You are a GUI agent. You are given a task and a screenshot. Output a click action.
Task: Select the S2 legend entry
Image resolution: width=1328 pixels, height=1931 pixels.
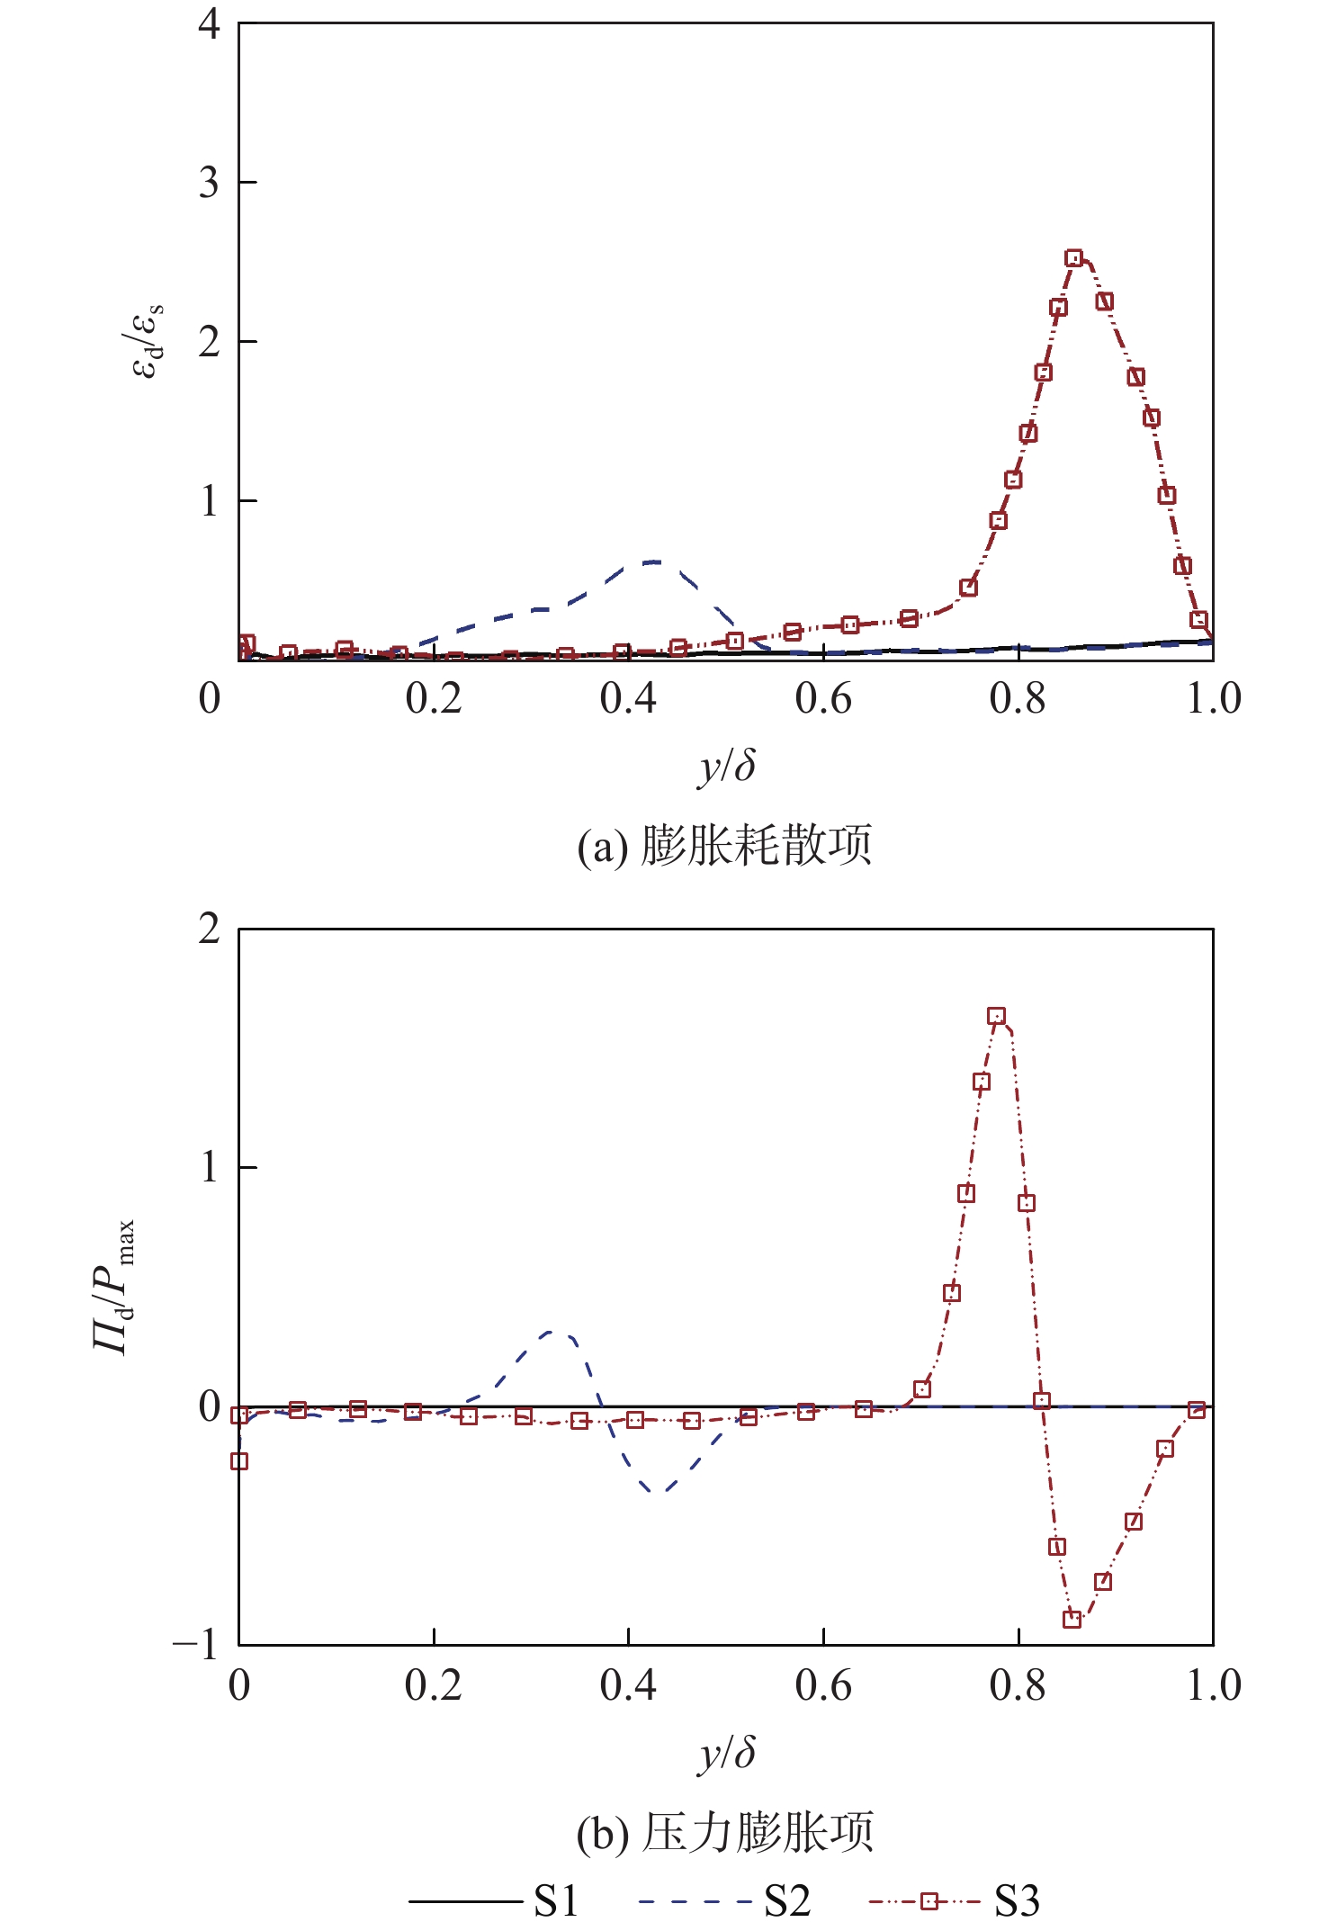tap(724, 1900)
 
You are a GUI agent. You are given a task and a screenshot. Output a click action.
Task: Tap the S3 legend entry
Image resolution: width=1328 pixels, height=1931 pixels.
tap(955, 1900)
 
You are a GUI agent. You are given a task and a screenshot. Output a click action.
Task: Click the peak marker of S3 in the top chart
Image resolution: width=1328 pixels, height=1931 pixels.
tap(1073, 258)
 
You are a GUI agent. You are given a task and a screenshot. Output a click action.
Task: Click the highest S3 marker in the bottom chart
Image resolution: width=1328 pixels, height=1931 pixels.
tap(996, 1016)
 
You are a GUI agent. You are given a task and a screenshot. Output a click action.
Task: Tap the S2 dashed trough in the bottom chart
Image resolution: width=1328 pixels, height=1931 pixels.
tap(658, 1493)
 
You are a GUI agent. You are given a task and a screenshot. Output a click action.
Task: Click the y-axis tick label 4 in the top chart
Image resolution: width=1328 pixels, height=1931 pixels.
tap(209, 23)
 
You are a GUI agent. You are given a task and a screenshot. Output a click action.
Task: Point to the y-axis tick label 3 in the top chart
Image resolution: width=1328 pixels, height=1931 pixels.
tap(209, 183)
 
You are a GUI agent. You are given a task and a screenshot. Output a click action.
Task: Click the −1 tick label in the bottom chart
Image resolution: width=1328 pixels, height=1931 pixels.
tap(196, 1644)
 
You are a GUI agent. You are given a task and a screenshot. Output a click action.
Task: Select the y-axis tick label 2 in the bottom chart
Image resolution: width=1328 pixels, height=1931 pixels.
tap(209, 929)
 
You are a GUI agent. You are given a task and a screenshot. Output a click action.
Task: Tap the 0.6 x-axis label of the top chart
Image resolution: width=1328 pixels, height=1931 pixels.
tap(823, 699)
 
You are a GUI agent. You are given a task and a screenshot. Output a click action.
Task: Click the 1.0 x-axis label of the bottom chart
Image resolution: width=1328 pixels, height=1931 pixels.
tap(1213, 1685)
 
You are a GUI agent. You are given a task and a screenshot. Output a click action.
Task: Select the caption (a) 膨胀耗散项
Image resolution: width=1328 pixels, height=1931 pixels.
tap(725, 846)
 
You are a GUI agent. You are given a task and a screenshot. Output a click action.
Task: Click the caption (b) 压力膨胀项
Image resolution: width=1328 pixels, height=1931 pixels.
tap(725, 1833)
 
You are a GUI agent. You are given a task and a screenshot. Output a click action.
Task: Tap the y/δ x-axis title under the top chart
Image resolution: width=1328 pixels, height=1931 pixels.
tap(726, 767)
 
